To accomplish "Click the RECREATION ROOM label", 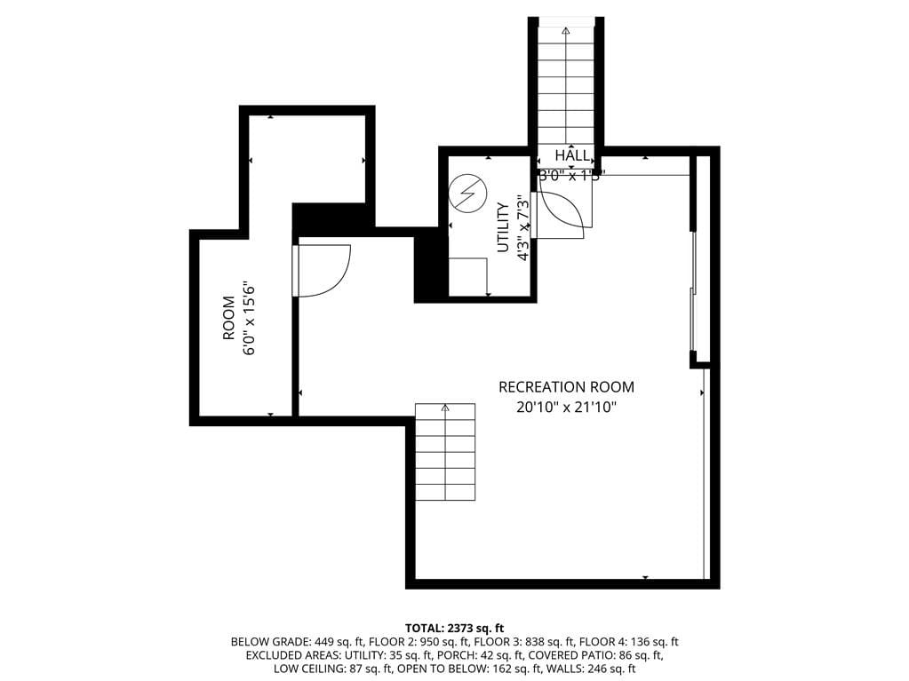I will click(x=566, y=387).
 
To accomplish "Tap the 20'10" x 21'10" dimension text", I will click(x=566, y=408).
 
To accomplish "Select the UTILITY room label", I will click(x=503, y=228).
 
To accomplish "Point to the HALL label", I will click(x=571, y=156).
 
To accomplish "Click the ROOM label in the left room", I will click(x=228, y=319).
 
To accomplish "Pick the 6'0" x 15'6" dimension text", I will click(x=250, y=319).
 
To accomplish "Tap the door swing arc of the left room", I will click(x=325, y=271).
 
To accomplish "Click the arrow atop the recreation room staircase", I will click(x=445, y=408).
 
